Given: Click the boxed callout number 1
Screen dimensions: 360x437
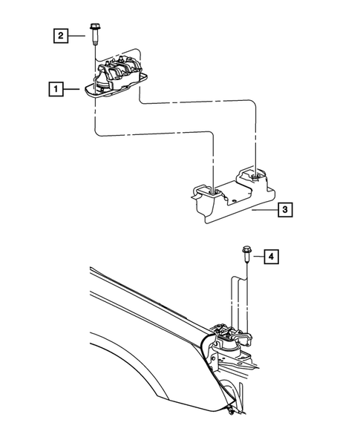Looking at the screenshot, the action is [x=56, y=89].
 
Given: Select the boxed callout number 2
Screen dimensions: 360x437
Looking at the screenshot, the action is [x=61, y=36].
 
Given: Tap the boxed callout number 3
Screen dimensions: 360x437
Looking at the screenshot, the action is [x=285, y=209].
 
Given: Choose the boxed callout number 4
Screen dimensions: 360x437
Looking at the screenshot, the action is [x=271, y=257].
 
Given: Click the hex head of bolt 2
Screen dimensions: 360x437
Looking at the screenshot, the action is [x=94, y=27].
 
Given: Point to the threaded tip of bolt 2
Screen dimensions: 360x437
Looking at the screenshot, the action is [x=94, y=42].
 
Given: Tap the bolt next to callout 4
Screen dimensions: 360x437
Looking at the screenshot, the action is [x=246, y=254].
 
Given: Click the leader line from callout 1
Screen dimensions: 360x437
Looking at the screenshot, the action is [x=72, y=89].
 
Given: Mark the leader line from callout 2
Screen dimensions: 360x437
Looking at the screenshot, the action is [x=76, y=36].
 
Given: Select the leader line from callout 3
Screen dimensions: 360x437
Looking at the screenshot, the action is [x=265, y=209].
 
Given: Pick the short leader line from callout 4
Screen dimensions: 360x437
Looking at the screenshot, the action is [x=258, y=257].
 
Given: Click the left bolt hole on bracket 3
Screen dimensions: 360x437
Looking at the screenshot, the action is [x=213, y=191].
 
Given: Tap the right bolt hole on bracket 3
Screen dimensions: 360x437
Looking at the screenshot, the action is [x=255, y=176].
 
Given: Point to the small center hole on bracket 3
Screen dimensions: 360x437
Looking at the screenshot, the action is [x=235, y=200].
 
